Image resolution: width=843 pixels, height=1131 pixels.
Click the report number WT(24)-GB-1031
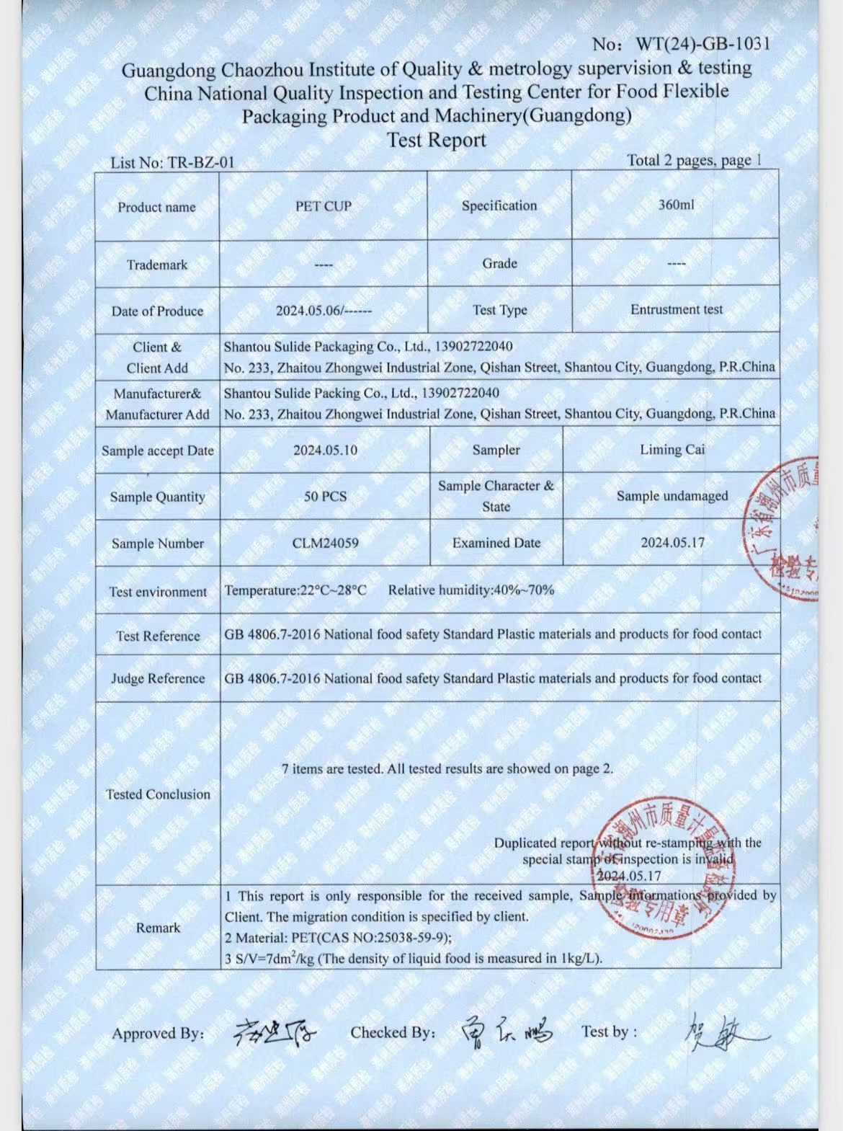coord(702,44)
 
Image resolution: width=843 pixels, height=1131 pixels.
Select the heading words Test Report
coord(437,140)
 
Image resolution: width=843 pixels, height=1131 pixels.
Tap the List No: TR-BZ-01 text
coord(172,163)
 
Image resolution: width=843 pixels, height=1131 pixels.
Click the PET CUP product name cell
coord(324,206)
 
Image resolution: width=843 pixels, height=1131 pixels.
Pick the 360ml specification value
coord(676,205)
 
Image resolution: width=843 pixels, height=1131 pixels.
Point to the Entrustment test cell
coord(676,309)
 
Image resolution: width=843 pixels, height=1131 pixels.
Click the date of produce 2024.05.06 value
coord(324,311)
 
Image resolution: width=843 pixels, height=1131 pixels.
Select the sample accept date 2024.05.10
coord(325,451)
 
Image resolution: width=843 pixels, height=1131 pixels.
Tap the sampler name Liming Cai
coord(672,450)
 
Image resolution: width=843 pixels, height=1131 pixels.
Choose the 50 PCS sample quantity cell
coord(325,497)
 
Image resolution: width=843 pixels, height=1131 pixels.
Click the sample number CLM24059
coord(325,543)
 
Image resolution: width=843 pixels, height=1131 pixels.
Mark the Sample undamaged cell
coord(672,496)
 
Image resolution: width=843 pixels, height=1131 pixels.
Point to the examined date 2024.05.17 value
coord(672,542)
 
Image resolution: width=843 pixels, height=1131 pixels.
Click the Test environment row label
coord(158,592)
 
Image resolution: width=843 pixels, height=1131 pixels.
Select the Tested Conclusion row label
coord(158,794)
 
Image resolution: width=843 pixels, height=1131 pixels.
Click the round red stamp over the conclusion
coord(659,865)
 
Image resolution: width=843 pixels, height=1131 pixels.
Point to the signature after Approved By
coord(275,1032)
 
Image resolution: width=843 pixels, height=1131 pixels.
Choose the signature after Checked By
coord(507,1032)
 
